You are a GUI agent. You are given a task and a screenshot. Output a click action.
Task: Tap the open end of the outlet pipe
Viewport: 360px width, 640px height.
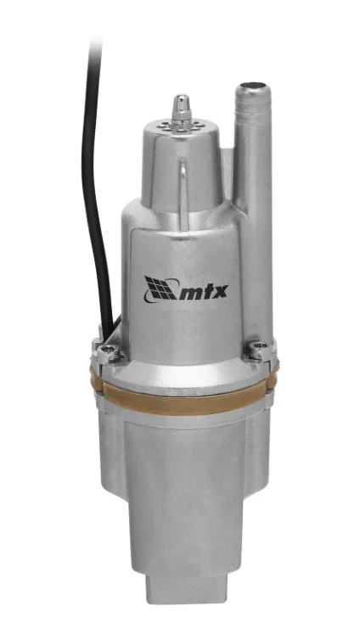coord(253,86)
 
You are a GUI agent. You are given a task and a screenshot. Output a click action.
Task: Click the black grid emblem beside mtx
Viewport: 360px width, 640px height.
coord(160,288)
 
